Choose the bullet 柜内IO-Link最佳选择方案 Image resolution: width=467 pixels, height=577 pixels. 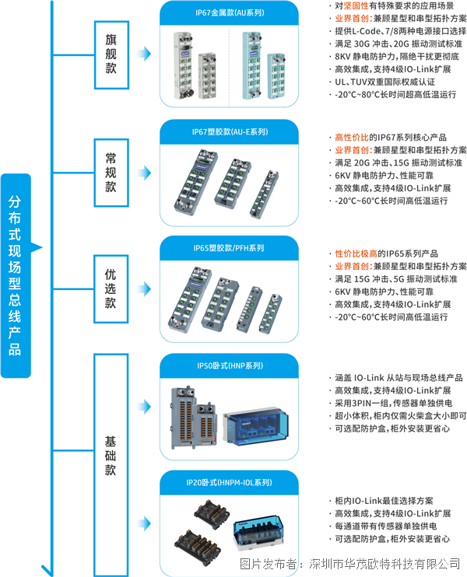[381, 501]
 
